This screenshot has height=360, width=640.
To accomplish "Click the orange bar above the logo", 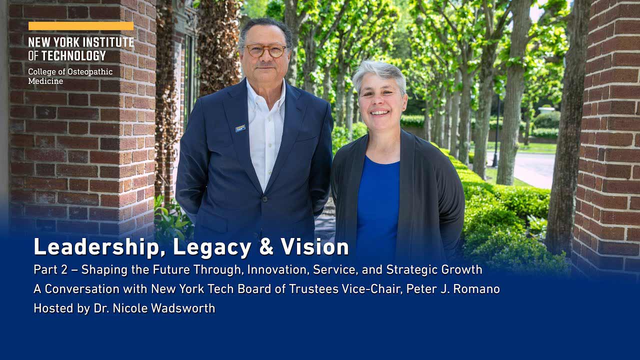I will [x=81, y=26].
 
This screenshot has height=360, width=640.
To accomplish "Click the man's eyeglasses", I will [x=265, y=50].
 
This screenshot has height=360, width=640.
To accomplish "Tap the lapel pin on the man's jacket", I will [x=240, y=128].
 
